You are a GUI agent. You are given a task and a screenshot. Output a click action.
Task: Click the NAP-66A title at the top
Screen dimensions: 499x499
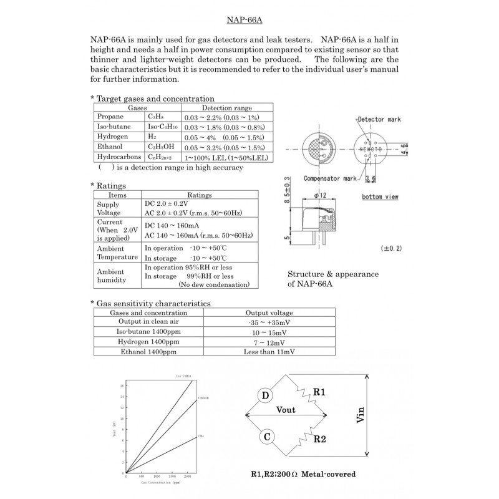click(249, 20)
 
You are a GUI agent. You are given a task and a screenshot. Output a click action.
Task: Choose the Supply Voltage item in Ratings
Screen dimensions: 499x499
click(108, 209)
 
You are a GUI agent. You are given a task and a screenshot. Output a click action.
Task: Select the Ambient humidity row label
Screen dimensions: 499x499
click(110, 276)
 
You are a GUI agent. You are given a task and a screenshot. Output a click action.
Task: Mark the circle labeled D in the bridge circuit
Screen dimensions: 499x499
click(266, 395)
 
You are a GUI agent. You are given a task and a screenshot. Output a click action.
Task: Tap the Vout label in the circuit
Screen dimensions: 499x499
click(286, 410)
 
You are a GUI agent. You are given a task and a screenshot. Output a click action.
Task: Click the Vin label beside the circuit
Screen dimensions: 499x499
click(359, 412)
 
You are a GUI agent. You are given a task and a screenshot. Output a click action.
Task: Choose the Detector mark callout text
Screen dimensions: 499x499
click(379, 119)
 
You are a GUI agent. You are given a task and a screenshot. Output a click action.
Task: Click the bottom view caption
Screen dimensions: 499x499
click(380, 197)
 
